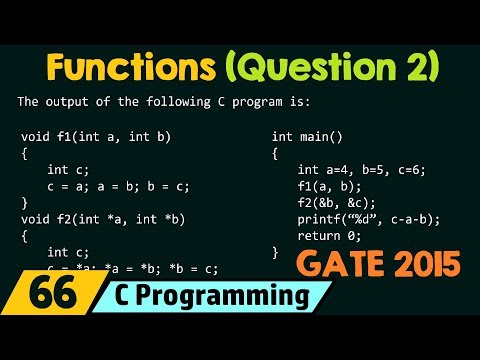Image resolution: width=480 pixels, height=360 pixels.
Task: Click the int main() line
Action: click(306, 134)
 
